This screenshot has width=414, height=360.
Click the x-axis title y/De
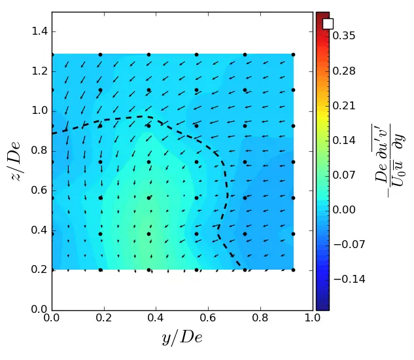pos(182,338)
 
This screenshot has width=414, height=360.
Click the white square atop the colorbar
pos(328,24)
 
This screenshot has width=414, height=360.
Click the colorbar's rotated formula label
pos(388,161)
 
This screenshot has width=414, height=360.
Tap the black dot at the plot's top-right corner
pos(293,54)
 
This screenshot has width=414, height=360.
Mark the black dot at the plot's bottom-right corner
pos(293,270)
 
